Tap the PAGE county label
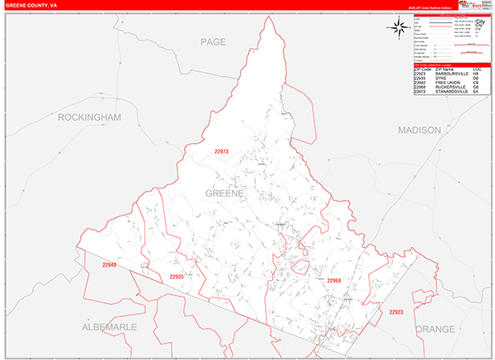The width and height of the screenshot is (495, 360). click(x=213, y=40)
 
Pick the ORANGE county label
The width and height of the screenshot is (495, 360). click(x=435, y=329)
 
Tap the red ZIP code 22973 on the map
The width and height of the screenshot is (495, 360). click(x=221, y=151)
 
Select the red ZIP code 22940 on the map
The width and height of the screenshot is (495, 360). click(x=110, y=265)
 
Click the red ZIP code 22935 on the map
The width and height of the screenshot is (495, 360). click(x=177, y=277)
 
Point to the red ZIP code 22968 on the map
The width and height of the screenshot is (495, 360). click(x=333, y=281)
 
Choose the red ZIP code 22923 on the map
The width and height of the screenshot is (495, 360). click(x=396, y=312)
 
